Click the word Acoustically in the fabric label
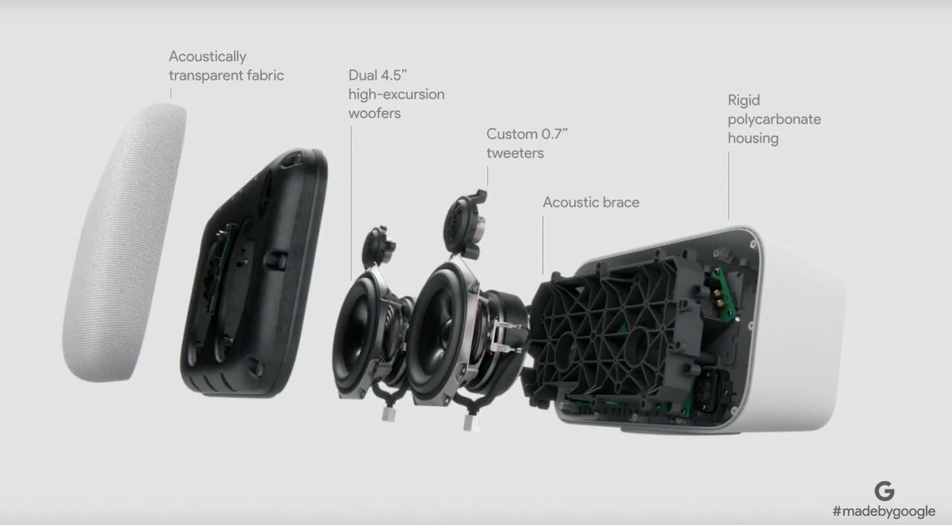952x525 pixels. tap(208, 57)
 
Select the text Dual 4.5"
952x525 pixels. tap(377, 75)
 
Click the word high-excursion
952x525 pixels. tap(396, 94)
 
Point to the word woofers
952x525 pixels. tap(374, 114)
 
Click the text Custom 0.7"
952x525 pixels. tap(527, 134)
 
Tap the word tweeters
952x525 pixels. tap(515, 153)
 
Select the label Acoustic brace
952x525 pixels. tap(591, 202)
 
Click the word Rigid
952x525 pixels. tap(744, 100)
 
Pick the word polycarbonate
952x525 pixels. tap(774, 120)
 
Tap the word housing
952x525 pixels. tap(753, 138)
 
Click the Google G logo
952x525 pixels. tap(884, 491)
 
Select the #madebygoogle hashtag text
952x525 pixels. tap(884, 512)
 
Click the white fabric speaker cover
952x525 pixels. tap(124, 242)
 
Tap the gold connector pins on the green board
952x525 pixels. tap(718, 297)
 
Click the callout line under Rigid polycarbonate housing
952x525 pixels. tap(728, 186)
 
